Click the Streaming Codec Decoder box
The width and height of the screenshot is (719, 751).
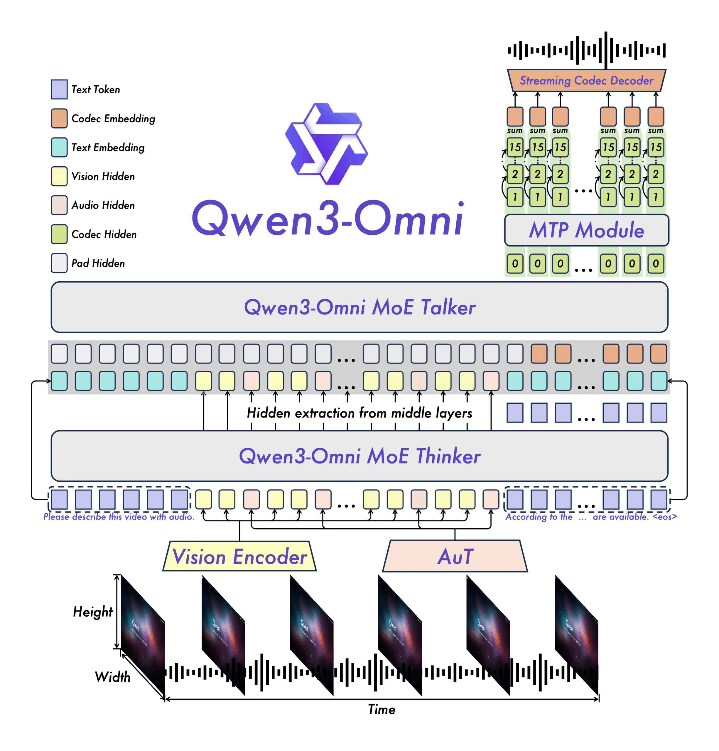point(586,80)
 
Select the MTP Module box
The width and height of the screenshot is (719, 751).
point(586,230)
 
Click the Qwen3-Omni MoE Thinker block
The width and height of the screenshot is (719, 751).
point(359,456)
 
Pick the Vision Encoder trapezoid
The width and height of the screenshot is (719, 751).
point(239,556)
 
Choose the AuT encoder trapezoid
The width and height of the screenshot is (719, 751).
point(455,556)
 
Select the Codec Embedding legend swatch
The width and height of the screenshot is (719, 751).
point(59,119)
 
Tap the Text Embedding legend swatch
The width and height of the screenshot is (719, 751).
point(59,148)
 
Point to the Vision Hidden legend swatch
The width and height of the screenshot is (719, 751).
point(59,176)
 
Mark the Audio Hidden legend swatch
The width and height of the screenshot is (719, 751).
point(59,205)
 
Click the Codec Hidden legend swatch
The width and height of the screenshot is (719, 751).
point(59,234)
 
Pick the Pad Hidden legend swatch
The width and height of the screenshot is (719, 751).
point(59,263)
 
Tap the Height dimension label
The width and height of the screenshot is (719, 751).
point(93,612)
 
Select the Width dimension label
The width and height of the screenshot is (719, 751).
point(113,677)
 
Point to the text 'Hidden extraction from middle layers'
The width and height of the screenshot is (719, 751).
point(359,413)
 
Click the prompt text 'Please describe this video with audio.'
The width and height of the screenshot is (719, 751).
point(119,517)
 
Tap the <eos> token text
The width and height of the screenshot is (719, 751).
point(665,517)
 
